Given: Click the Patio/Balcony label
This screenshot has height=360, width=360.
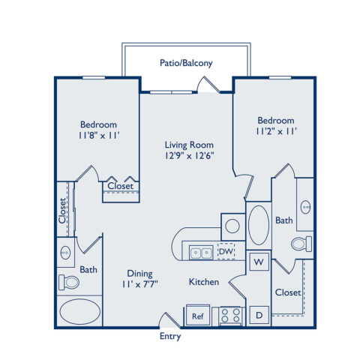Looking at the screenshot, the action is (186, 63).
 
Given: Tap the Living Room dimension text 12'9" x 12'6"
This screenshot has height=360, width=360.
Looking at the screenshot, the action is (189, 156).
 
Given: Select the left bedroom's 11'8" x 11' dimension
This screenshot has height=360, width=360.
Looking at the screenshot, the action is (99, 135).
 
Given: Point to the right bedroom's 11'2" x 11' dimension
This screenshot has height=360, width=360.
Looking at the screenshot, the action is (276, 131).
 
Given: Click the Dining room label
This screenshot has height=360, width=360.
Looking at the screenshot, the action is (139, 274).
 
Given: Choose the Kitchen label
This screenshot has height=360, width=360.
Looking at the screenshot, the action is (204, 282).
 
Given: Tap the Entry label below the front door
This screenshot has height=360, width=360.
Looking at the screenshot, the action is (170, 337).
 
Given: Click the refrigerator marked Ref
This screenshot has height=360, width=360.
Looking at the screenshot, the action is (198, 316).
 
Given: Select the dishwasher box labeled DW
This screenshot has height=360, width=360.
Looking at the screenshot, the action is (226, 251).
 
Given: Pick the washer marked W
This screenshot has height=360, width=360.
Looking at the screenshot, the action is (259, 262).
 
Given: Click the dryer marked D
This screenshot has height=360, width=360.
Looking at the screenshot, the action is (259, 315).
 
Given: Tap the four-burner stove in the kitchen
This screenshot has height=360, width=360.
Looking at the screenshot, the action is (230, 316).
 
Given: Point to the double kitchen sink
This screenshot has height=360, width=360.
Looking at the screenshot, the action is (201, 253).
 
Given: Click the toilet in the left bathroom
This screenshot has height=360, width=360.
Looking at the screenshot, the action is (69, 283).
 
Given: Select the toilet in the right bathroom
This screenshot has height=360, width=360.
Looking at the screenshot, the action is (301, 244).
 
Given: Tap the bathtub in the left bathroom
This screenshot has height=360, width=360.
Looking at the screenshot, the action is (79, 311).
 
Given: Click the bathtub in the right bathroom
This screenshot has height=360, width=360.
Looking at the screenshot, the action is (259, 225).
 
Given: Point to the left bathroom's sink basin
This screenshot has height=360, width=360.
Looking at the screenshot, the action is (65, 253).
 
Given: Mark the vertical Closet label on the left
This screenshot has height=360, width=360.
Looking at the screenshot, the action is (62, 211).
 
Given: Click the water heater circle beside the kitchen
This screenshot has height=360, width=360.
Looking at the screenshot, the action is (232, 226).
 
